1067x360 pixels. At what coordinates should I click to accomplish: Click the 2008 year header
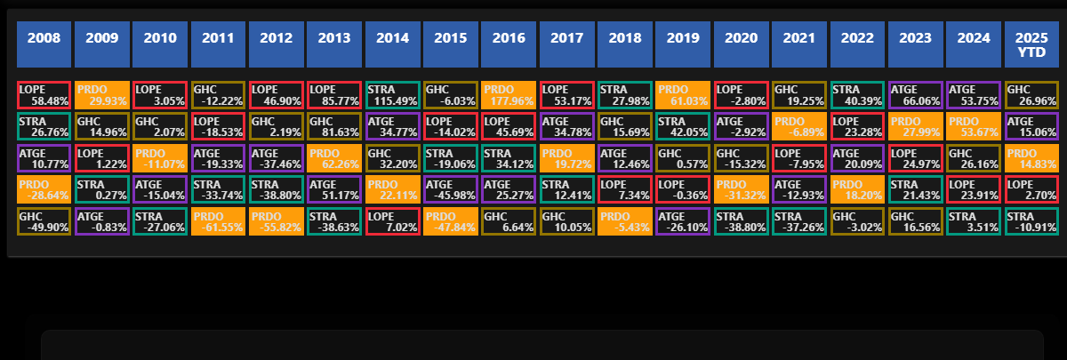point(44,44)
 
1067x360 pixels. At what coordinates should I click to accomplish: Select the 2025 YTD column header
point(1031,44)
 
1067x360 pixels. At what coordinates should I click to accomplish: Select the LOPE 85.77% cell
point(334,95)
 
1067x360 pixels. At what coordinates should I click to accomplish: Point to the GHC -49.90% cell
point(44,221)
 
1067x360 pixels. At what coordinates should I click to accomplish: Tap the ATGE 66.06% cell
point(915,95)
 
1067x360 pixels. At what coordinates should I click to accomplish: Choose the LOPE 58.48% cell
point(44,95)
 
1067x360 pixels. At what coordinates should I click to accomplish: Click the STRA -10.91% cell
point(1031,221)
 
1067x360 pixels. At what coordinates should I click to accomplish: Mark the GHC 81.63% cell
point(334,126)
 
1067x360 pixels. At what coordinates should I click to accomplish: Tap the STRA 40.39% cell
point(857,95)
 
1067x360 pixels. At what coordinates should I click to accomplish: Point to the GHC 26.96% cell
point(1031,95)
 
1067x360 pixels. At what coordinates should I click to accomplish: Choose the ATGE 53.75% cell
point(974,95)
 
